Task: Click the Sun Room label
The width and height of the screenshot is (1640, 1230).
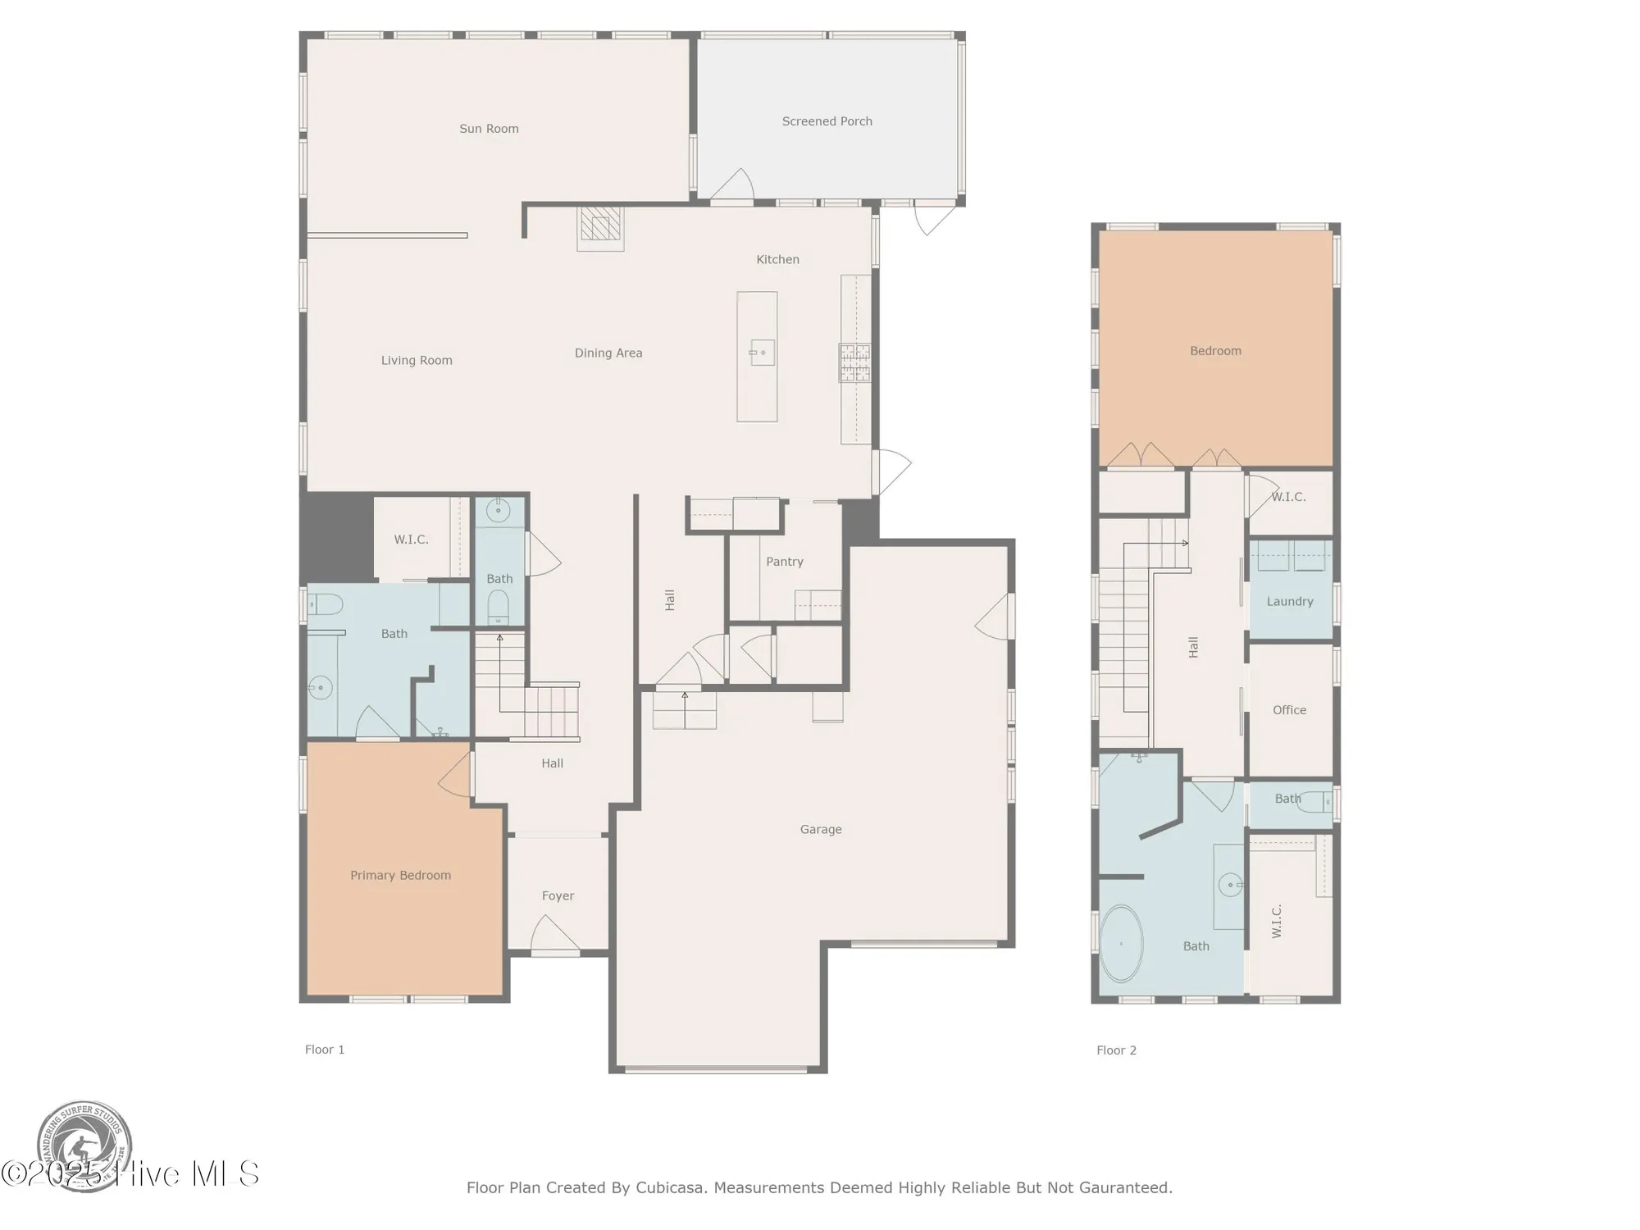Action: coord(489,129)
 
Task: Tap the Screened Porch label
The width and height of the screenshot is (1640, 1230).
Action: coord(827,121)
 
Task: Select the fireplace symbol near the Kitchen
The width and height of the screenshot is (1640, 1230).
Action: coord(601,228)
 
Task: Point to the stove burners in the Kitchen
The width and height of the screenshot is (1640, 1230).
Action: coord(854,362)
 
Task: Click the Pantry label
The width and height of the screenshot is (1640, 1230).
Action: coord(784,562)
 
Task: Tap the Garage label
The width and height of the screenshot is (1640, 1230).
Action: coord(821,829)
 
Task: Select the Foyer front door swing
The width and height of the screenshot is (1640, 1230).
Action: coord(555,935)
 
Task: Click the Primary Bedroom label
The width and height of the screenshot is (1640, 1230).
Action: coord(400,875)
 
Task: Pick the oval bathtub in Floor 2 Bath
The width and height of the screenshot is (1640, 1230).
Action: coord(1121,944)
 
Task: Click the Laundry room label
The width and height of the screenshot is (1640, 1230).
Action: coord(1289,601)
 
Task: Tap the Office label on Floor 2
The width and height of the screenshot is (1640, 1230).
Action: coord(1289,710)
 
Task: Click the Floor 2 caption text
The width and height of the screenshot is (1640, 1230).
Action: coord(1116,1050)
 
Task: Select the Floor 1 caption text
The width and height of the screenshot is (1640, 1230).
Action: coord(325,1050)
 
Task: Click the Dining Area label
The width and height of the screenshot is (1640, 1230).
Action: coord(608,353)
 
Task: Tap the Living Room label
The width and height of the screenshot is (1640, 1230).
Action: coord(417,360)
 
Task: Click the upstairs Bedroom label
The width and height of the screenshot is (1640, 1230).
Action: coord(1215,351)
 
